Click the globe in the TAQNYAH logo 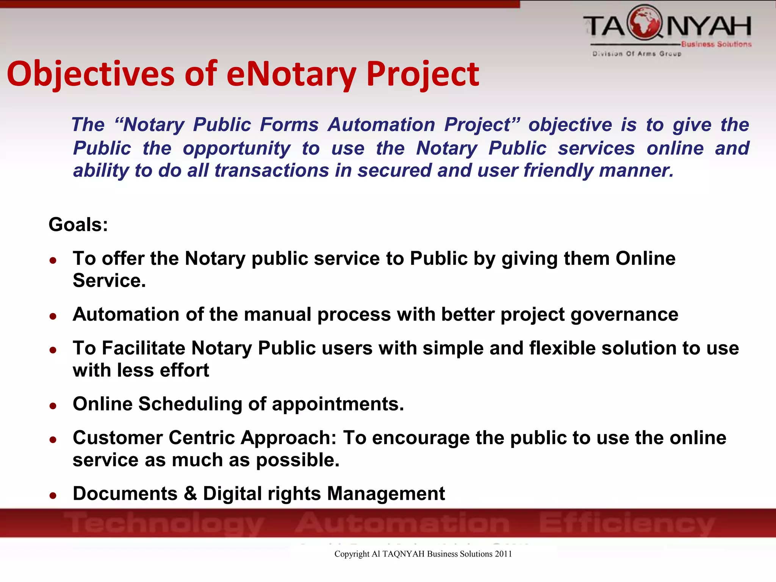click(x=645, y=23)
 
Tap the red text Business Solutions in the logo click(x=716, y=44)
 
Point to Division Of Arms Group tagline click(x=637, y=54)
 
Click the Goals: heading click(x=78, y=224)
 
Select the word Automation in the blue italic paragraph click(x=381, y=125)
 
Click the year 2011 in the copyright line click(x=503, y=554)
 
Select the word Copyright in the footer click(x=352, y=554)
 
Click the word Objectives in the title click(x=91, y=74)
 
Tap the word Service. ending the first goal click(x=109, y=281)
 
